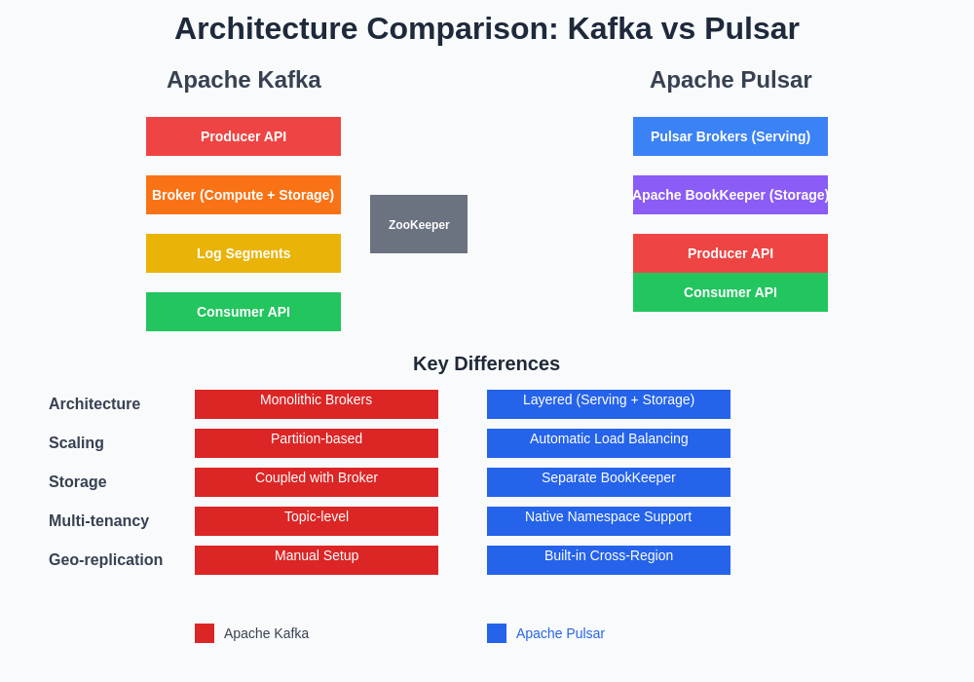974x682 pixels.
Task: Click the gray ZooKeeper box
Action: (x=419, y=224)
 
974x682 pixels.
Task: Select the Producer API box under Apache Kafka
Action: (x=243, y=136)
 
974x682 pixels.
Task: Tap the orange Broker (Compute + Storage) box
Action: (x=243, y=195)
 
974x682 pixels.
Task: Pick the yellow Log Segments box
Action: (x=243, y=253)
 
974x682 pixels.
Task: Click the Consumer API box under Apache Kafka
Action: (x=243, y=312)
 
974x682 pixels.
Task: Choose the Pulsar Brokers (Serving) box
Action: (x=730, y=136)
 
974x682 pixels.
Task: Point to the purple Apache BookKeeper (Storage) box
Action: (x=730, y=195)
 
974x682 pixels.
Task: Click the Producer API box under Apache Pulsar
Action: (x=730, y=253)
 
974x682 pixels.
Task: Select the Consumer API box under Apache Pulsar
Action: (x=730, y=292)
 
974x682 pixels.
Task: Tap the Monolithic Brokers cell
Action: (x=317, y=404)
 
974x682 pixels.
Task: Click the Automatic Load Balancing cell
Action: (x=609, y=443)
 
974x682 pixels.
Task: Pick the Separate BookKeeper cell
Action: (x=609, y=482)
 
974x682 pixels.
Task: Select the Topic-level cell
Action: (x=317, y=521)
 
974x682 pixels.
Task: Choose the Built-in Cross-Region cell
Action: (x=609, y=560)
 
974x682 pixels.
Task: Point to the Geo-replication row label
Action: (x=105, y=559)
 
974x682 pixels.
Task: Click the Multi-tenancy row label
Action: (x=98, y=520)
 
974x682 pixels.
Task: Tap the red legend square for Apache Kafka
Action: (x=205, y=633)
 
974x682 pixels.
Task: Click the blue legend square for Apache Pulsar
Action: (x=497, y=633)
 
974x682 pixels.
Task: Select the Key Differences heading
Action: (x=486, y=363)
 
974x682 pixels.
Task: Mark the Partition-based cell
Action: (x=317, y=443)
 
